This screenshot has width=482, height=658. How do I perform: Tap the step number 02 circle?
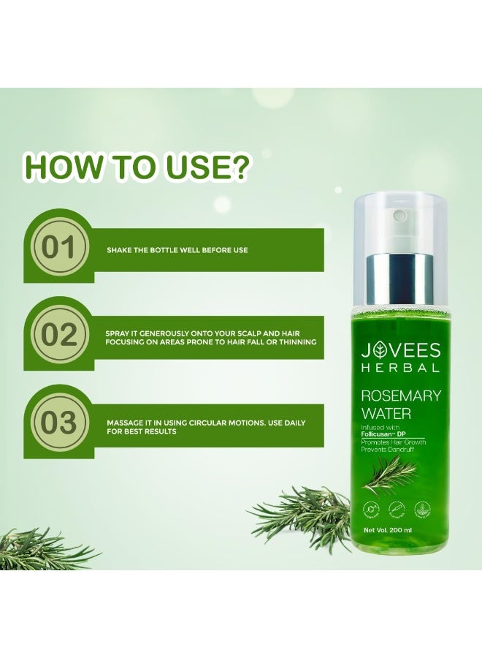coord(58,336)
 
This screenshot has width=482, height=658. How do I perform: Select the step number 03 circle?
coord(58,425)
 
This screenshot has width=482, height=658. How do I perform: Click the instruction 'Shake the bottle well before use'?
coord(177,250)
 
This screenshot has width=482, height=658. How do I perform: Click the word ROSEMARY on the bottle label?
coord(401,396)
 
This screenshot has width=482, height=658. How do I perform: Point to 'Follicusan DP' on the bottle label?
coord(389,434)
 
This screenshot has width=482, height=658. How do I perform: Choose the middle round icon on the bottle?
coord(399,510)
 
